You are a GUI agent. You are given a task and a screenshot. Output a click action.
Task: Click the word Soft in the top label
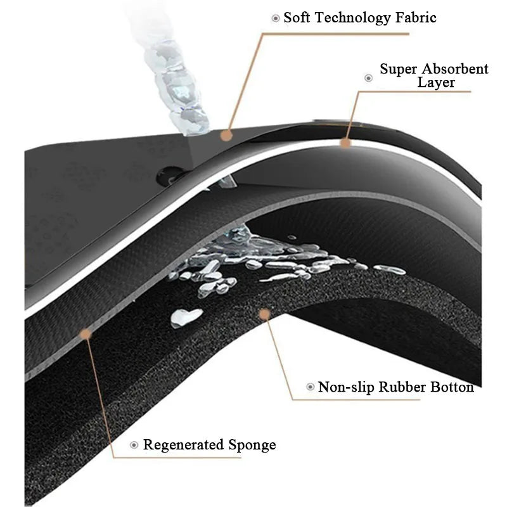click(x=297, y=18)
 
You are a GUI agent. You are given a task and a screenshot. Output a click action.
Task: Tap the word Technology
click(x=352, y=18)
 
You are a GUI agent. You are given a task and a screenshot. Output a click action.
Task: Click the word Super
click(x=399, y=70)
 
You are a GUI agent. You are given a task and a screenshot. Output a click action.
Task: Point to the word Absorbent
click(x=455, y=69)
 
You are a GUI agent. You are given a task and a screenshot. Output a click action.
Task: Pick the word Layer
click(x=436, y=82)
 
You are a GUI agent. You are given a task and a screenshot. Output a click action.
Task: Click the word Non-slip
click(x=345, y=387)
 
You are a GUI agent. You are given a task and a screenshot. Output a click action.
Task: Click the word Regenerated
click(x=183, y=445)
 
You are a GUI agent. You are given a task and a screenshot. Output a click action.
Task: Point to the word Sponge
click(x=252, y=446)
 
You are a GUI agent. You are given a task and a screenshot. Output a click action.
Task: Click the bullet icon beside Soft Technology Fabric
click(x=276, y=18)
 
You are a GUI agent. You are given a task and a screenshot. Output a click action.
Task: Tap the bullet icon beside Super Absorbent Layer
click(x=369, y=78)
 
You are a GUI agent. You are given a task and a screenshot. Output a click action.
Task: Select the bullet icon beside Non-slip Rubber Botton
click(x=310, y=387)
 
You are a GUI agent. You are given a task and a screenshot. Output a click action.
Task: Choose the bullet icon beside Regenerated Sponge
click(x=134, y=445)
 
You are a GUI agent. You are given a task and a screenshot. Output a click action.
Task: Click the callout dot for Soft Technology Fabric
click(x=227, y=135)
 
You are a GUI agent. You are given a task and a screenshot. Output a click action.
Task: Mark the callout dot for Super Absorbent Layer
click(x=345, y=143)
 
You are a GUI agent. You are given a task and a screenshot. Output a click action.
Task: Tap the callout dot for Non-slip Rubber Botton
click(x=265, y=314)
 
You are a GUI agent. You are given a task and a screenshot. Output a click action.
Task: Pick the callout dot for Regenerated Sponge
click(x=86, y=334)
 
